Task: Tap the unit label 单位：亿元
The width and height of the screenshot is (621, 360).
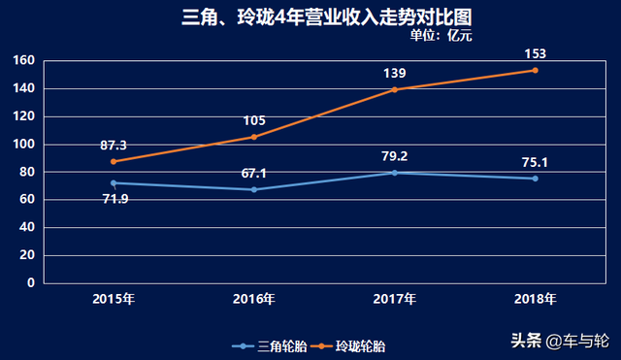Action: point(441,36)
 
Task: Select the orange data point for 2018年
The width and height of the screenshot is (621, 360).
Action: point(535,70)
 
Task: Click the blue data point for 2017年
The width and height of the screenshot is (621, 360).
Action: point(394,173)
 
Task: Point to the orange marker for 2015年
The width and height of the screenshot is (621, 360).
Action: point(114,161)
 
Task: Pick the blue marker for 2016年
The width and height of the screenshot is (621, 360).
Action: point(254,189)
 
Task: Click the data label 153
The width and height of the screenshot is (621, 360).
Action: point(535,53)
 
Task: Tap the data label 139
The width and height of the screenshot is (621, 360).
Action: point(394,73)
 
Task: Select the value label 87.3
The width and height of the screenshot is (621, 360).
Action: point(114,145)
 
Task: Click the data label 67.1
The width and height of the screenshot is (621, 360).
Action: point(254,173)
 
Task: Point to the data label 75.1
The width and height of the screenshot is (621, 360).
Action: point(535,162)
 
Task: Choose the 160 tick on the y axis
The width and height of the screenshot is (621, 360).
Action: point(24,61)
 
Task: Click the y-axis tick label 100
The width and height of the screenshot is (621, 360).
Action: point(24,145)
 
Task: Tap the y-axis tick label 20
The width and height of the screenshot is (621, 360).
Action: point(28,255)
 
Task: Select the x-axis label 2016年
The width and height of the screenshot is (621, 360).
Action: point(254,298)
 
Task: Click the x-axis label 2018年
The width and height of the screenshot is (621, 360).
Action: point(535,298)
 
